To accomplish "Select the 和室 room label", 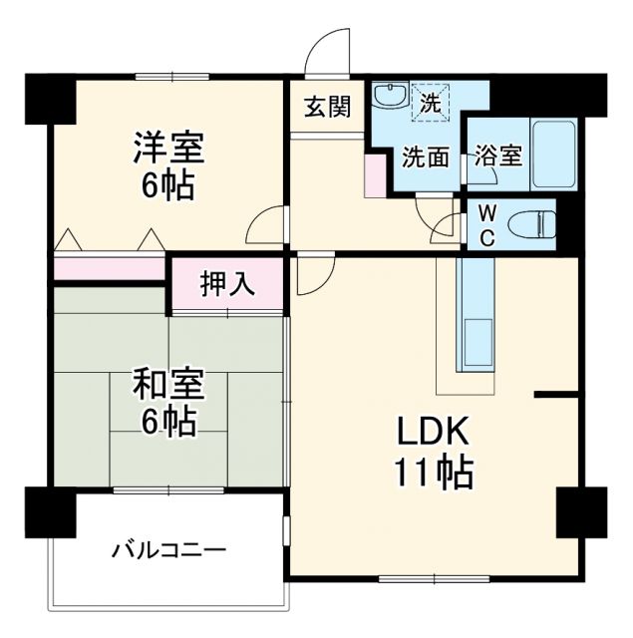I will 168,384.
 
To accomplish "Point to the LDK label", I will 435,431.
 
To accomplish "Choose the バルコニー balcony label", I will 169,549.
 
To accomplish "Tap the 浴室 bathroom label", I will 497,156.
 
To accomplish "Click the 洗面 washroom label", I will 425,156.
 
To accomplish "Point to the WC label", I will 486,225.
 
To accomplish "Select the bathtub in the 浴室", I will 554,155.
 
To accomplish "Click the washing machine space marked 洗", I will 431,102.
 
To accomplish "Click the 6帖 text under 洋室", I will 168,185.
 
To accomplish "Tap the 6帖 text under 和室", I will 168,423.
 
